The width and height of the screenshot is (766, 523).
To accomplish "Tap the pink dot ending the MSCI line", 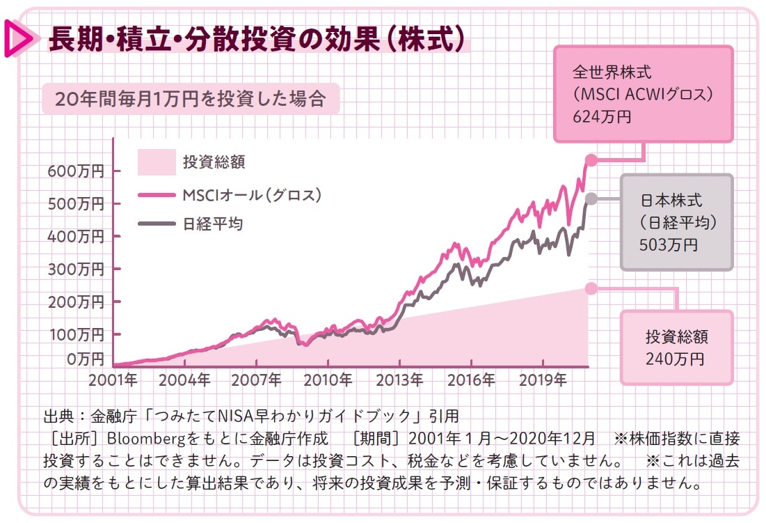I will point(591,160).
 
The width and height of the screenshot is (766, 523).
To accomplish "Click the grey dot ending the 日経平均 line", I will point(591,199).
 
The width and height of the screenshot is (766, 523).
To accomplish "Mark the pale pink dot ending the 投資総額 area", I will point(591,288).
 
